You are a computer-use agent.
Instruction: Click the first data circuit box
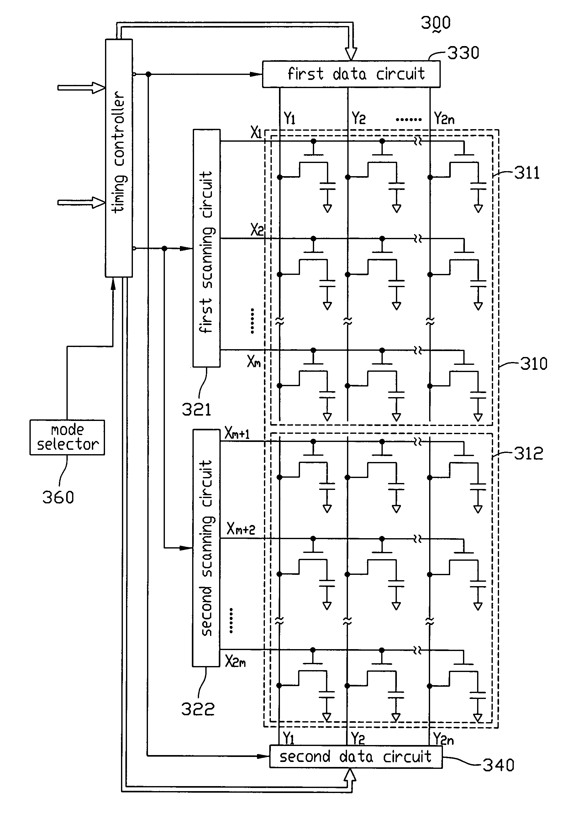coord(351,74)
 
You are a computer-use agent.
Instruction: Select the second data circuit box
coord(356,757)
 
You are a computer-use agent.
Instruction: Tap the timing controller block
coord(119,158)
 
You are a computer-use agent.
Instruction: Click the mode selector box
coord(67,437)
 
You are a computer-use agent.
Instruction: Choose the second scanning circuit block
coord(206,548)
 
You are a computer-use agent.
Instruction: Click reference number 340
coord(499,765)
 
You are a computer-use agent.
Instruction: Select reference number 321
coord(197,410)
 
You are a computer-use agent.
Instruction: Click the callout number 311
coord(527,173)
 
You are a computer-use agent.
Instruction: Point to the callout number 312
coord(529,454)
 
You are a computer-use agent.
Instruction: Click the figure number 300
coord(436,23)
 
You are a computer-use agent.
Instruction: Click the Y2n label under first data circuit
coord(444,118)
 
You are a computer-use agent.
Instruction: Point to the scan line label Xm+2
coord(241,529)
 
